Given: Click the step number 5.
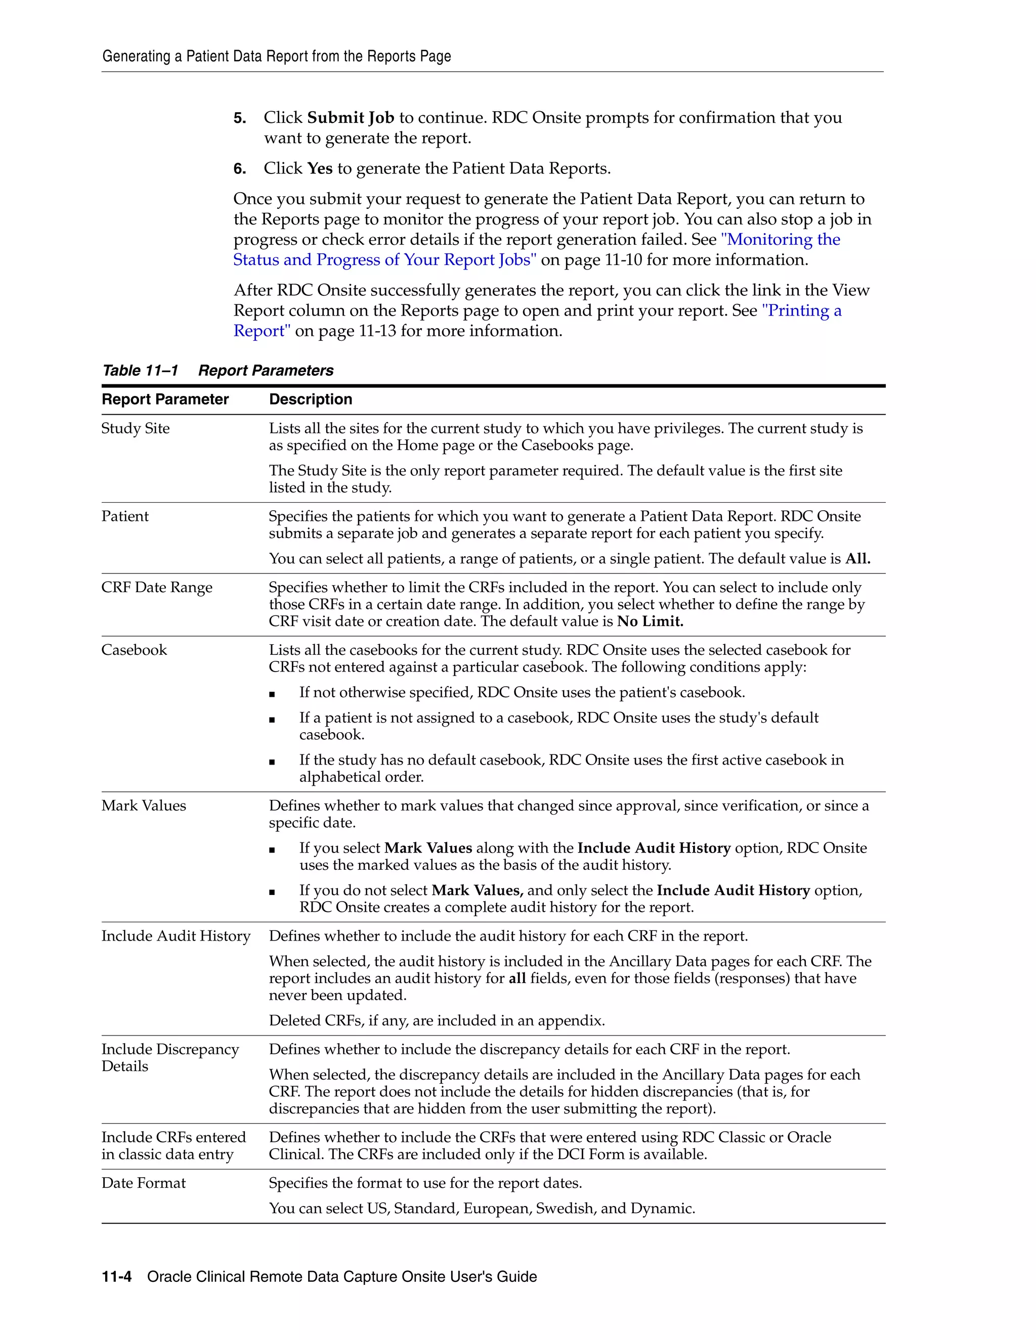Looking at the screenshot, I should [x=239, y=118].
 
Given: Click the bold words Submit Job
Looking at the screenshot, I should [x=351, y=117].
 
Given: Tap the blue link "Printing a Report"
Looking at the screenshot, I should [x=801, y=310].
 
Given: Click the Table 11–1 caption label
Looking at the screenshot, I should [x=140, y=371].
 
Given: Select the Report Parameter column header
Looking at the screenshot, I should [x=165, y=399].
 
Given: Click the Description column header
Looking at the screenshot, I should [x=311, y=399].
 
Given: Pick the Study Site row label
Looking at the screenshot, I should [x=136, y=428].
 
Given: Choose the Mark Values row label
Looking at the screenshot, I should [x=144, y=806].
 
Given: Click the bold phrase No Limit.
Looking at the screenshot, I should [x=650, y=621].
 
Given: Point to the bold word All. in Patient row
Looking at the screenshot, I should [x=857, y=558].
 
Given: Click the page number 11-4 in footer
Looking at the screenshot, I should [x=117, y=1277].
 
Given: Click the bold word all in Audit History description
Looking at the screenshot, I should [x=517, y=978].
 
